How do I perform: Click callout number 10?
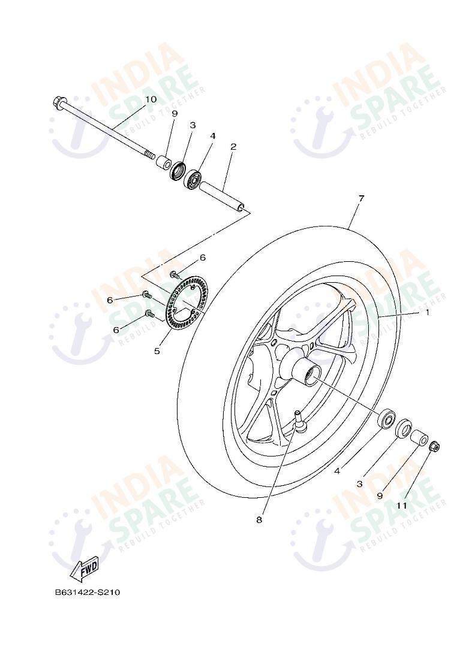[x=151, y=99]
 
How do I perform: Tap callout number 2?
[x=233, y=146]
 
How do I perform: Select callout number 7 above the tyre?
[x=362, y=198]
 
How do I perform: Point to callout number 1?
[x=428, y=312]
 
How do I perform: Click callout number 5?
[x=157, y=351]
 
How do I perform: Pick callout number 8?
[x=259, y=519]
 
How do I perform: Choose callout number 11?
[x=402, y=505]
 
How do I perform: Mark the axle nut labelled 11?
[x=436, y=446]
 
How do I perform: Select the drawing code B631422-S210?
[x=88, y=592]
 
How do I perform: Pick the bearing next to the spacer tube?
[x=193, y=178]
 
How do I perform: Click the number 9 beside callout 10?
[x=175, y=113]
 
